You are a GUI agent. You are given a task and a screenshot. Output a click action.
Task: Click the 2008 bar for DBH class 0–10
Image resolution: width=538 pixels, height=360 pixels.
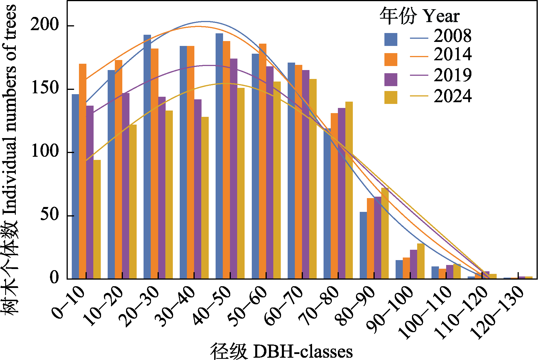point(75,186)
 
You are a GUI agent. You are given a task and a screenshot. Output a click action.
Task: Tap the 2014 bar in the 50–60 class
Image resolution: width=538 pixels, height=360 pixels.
point(262,161)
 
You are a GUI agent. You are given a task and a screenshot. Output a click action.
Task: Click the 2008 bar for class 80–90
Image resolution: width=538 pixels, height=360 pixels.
point(363,245)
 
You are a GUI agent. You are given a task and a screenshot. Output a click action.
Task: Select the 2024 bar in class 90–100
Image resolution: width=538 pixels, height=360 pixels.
point(421,261)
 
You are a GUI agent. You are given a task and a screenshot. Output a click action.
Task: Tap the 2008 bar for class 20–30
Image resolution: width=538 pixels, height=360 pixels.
point(147,157)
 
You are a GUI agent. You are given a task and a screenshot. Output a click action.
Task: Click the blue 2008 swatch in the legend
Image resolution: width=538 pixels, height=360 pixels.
point(391,39)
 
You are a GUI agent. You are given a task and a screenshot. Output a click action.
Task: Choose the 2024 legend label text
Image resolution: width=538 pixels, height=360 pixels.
point(452,96)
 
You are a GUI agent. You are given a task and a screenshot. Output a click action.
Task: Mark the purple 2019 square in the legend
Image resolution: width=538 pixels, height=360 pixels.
point(391,80)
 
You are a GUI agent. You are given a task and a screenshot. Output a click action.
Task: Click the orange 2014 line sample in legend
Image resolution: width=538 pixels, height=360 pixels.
point(419,57)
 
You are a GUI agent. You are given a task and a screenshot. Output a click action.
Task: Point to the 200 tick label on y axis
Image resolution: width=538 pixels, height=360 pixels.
point(45,25)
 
